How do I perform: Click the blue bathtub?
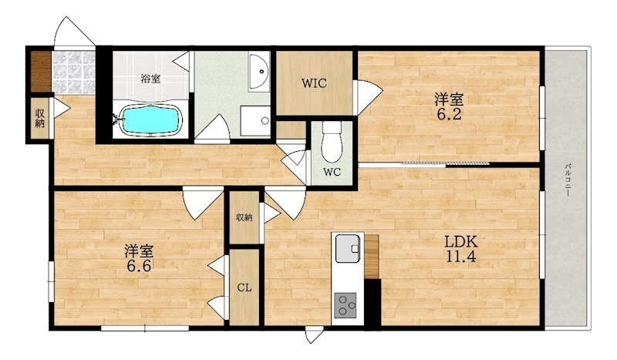point(151,119)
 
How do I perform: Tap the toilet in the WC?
point(332,141)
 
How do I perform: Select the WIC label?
point(314,83)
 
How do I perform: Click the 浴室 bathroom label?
point(150,79)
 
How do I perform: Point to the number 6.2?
point(449,114)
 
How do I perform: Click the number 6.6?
point(139,266)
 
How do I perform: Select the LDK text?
point(460,241)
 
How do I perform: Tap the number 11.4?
point(460,257)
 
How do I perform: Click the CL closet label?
point(244,288)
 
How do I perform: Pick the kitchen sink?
point(348,248)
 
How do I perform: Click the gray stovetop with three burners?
point(345,305)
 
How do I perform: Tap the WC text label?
point(332,172)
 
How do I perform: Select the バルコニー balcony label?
point(568,180)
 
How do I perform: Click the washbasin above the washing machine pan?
point(258,72)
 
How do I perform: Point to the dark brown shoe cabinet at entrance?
point(41,72)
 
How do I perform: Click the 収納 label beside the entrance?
point(40,118)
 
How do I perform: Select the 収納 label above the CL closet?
point(244,217)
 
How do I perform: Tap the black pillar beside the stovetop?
point(373,302)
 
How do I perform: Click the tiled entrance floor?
point(74,72)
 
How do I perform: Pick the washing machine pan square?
point(255,121)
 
